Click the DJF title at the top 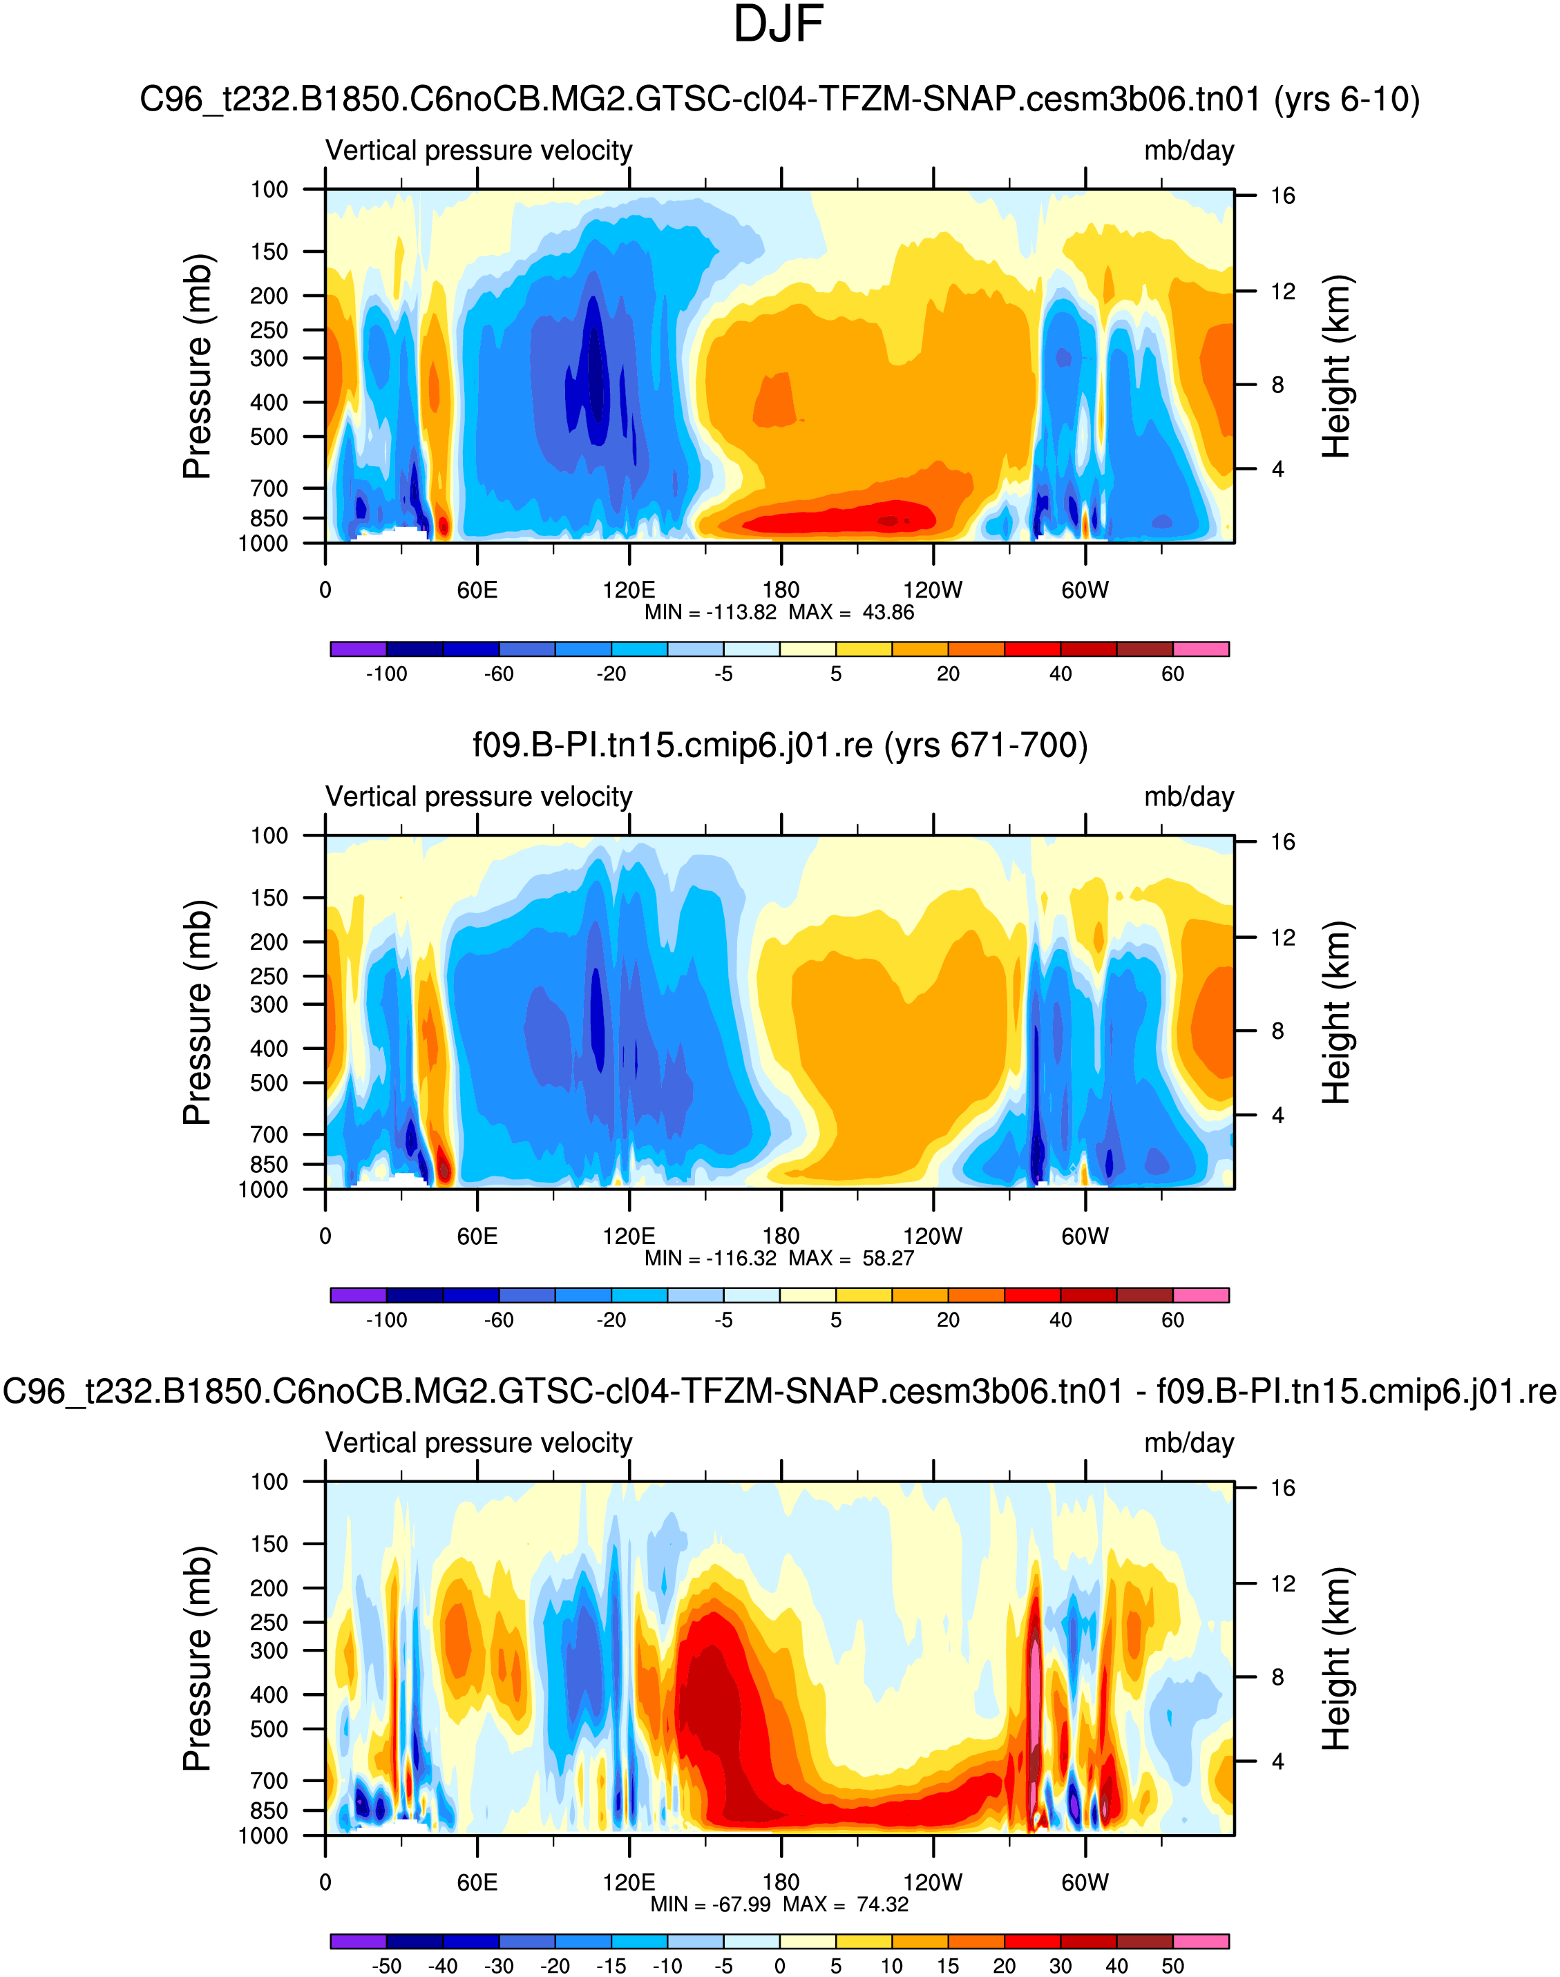779,26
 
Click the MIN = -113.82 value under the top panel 711,613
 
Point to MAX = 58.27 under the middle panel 851,1259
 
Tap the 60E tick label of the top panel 477,590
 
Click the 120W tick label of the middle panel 933,1236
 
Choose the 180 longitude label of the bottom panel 781,1882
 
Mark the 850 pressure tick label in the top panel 269,519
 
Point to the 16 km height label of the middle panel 1282,842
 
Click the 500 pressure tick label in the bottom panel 269,1728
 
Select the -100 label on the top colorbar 386,674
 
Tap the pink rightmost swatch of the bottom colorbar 1201,1941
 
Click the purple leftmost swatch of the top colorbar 358,649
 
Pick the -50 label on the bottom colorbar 386,1966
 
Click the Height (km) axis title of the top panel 1336,366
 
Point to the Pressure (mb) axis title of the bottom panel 198,1659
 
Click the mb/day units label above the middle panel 1188,797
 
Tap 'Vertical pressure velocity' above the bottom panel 479,1443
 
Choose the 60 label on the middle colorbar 1172,1321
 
